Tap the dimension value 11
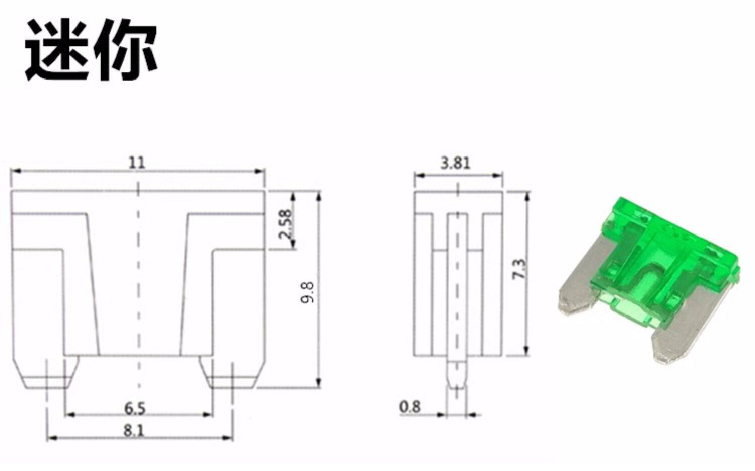pos(137,163)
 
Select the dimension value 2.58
pos(285,224)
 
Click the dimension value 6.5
pos(135,409)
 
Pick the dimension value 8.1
pos(134,431)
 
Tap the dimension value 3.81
pos(456,163)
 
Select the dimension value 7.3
pos(519,269)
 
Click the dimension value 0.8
pos(410,407)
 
